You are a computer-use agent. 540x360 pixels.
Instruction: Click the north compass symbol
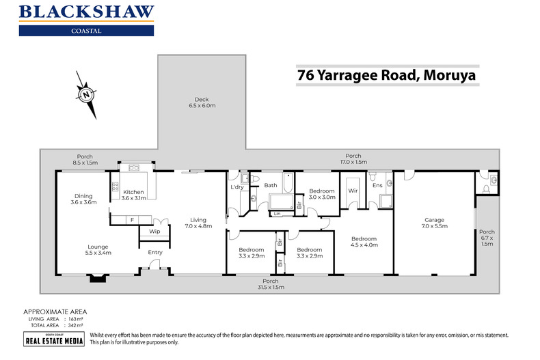click(x=86, y=95)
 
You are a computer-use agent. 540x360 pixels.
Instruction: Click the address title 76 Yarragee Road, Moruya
click(x=387, y=74)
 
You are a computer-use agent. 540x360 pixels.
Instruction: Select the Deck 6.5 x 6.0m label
click(x=201, y=102)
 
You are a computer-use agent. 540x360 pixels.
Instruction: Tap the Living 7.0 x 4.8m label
click(x=198, y=223)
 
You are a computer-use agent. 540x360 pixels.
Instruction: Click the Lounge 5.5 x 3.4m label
click(x=98, y=250)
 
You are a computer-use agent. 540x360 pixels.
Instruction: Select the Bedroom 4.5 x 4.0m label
click(x=364, y=243)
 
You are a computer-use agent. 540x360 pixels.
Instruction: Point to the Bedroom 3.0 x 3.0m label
click(x=321, y=194)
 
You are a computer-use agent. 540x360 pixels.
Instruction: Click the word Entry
click(x=155, y=252)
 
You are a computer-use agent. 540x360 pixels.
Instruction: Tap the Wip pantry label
click(x=154, y=231)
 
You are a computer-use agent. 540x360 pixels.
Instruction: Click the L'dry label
click(x=237, y=187)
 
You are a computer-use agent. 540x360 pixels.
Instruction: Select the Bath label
click(x=271, y=185)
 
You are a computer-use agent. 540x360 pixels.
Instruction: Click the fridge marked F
click(x=132, y=219)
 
